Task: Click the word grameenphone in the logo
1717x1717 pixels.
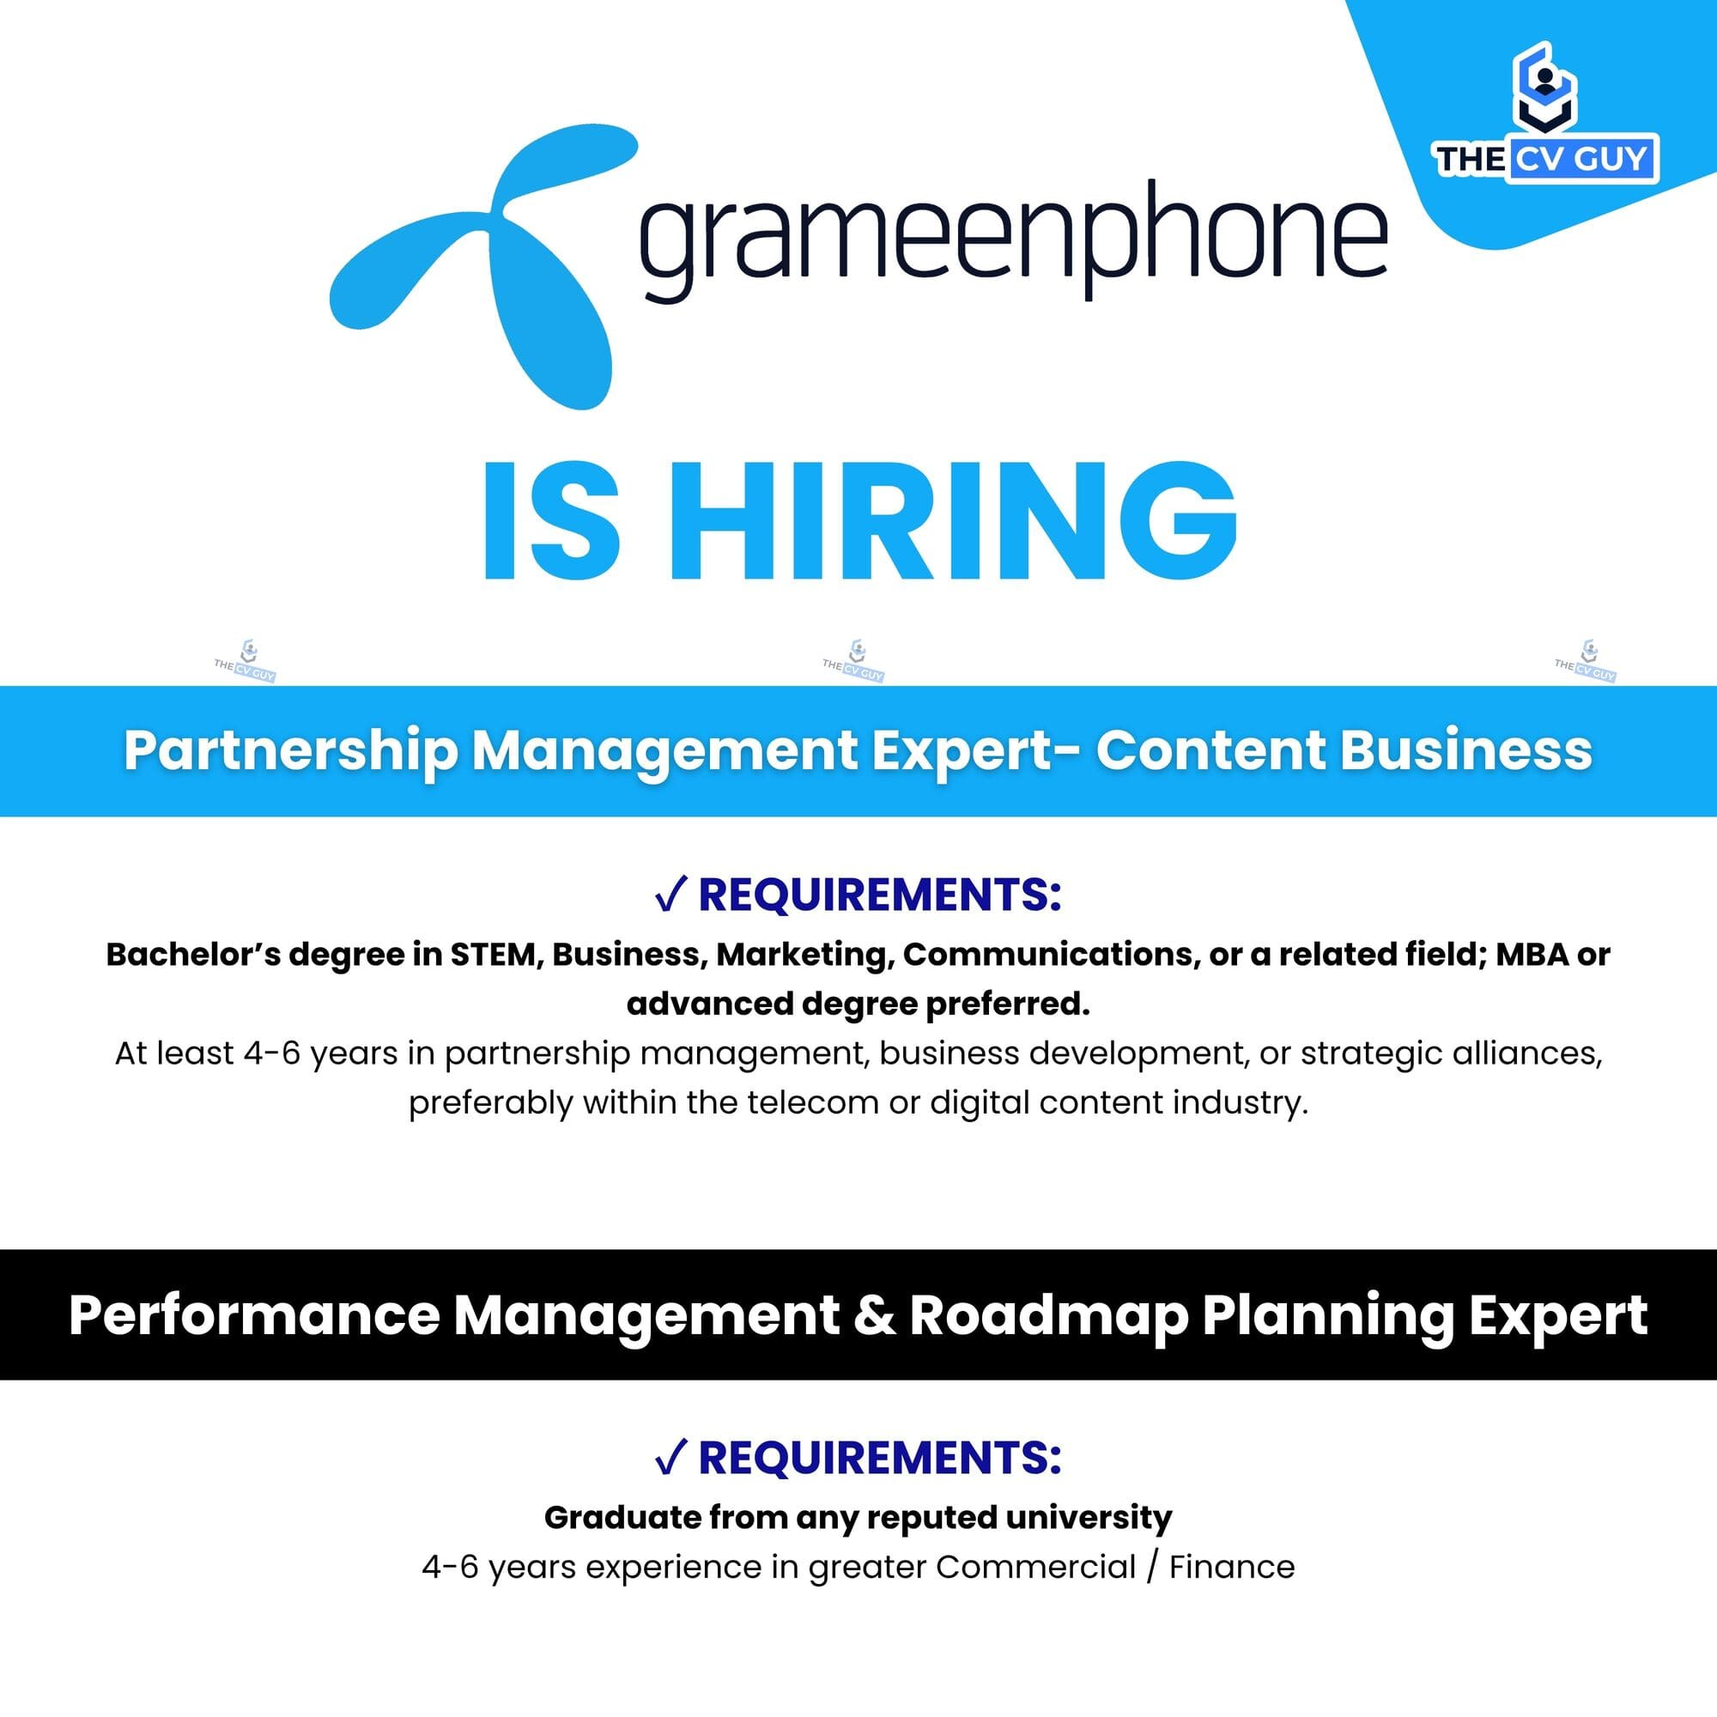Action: (1012, 240)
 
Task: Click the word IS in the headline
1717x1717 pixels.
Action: (551, 522)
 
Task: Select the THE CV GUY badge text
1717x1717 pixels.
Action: (1545, 159)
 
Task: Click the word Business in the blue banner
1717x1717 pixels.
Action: (1465, 750)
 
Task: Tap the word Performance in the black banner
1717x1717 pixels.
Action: (254, 1315)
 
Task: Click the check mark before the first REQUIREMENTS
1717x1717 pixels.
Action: (670, 895)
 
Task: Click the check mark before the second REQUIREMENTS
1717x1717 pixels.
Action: (670, 1459)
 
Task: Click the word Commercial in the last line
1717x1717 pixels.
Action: (1035, 1567)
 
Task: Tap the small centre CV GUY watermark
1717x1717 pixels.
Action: (853, 663)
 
